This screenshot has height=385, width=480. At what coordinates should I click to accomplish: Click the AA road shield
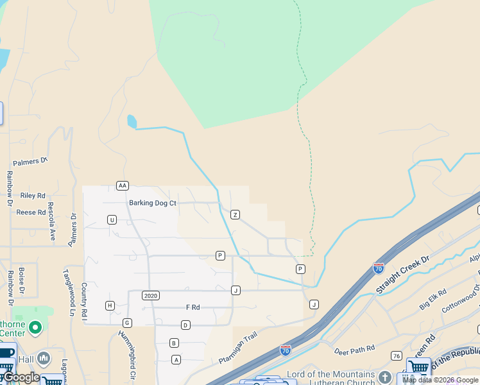coord(123,185)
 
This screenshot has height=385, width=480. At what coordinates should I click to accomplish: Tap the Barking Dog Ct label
coord(152,203)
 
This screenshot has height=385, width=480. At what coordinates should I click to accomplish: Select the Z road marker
coord(236,214)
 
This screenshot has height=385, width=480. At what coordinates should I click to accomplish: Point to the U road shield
coord(112,219)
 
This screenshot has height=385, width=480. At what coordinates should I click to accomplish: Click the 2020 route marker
coord(151,295)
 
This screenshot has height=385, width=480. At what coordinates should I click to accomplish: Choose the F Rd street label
coord(193,307)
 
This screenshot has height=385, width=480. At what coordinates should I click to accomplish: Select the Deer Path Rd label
coord(354,350)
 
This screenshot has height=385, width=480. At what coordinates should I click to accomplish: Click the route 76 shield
coord(397,356)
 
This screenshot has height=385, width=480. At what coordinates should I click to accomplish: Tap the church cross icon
coord(384,377)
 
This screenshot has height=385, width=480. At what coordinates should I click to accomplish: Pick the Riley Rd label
coord(33,196)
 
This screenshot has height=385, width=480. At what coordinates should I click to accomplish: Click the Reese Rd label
coord(31,212)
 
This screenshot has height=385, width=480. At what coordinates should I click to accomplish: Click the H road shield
coord(110,305)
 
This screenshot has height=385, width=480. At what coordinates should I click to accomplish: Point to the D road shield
coord(185,325)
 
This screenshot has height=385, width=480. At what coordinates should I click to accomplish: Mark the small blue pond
coord(132,121)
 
